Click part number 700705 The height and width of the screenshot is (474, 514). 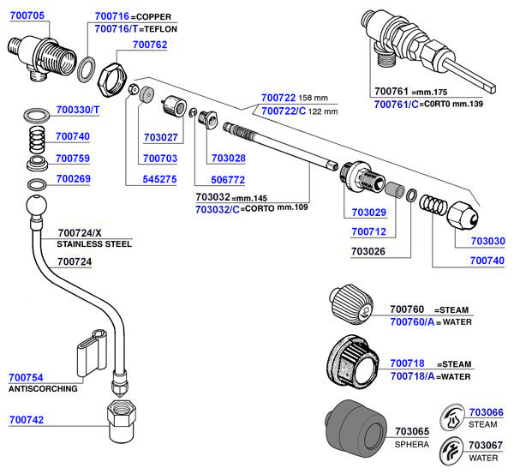click(27, 15)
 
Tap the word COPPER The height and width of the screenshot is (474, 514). click(153, 17)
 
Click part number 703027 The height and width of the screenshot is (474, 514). click(161, 137)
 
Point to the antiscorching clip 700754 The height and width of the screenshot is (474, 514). click(92, 352)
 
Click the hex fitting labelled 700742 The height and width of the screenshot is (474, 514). click(122, 421)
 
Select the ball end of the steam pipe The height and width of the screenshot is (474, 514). click(36, 206)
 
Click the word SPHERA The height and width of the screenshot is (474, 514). click(412, 445)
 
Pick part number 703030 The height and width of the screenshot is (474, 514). click(487, 241)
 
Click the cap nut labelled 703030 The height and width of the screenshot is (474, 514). click(463, 216)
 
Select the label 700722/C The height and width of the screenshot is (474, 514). click(284, 111)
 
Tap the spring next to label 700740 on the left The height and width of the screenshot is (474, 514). click(37, 140)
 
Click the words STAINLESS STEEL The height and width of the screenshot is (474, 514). click(94, 244)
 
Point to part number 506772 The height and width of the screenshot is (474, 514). click(228, 180)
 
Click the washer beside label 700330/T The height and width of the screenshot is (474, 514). click(37, 115)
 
